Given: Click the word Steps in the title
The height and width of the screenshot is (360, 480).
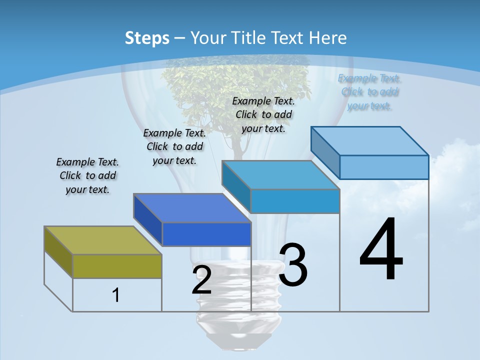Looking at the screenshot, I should [x=147, y=38].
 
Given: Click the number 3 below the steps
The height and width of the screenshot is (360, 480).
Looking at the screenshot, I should [x=293, y=265].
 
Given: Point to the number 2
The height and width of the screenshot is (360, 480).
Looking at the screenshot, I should [x=201, y=280].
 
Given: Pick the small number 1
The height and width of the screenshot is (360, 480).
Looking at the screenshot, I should [x=116, y=295].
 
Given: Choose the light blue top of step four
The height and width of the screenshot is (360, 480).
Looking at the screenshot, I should [x=370, y=141].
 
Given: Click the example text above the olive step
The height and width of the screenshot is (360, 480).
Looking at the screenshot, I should [x=88, y=175].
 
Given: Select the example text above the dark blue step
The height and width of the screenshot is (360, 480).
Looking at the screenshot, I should [x=174, y=146].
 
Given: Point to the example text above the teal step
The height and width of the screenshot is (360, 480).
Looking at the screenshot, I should [x=263, y=114].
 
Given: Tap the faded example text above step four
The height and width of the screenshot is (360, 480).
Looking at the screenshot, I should [x=369, y=92].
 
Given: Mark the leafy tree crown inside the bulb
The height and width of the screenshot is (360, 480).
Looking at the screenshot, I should [x=235, y=90].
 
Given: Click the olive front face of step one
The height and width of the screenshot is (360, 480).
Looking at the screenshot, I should [x=117, y=266].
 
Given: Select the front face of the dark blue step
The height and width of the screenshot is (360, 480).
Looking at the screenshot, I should [x=206, y=234].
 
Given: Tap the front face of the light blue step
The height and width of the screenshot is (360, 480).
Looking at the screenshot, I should [x=384, y=167].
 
